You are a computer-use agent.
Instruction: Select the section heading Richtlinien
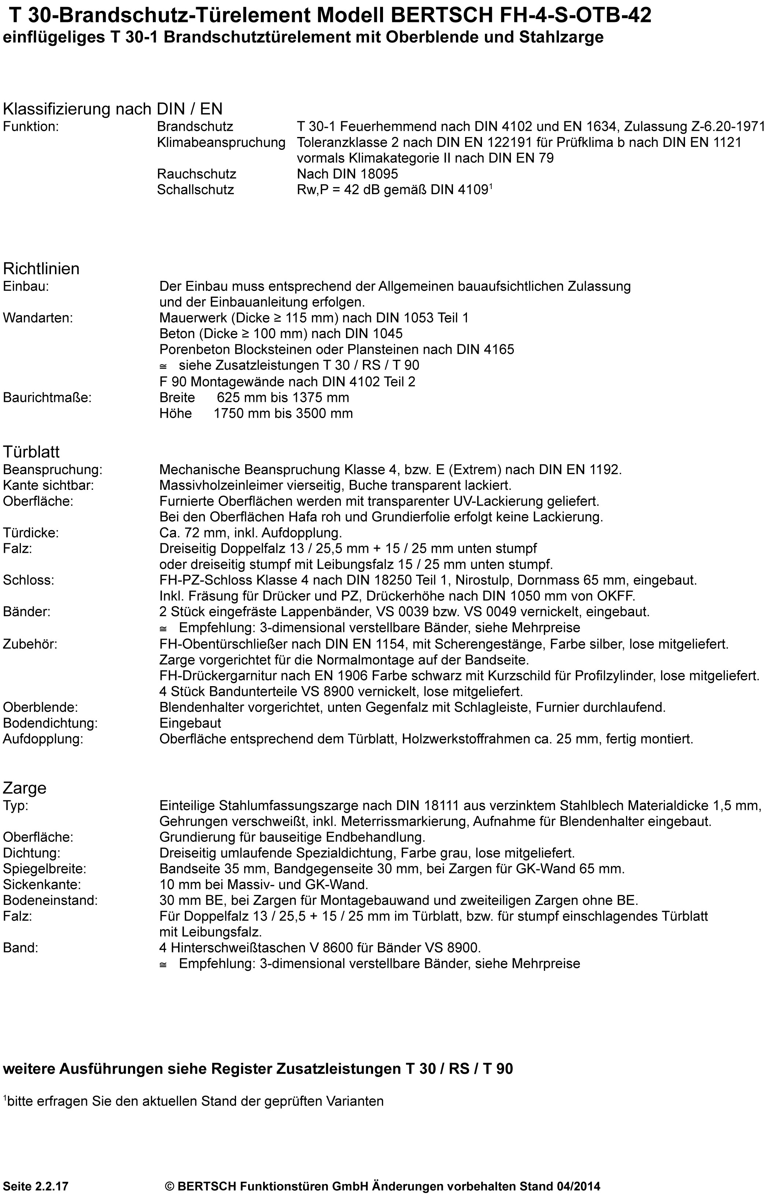tap(41, 269)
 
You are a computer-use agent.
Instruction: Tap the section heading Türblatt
tap(31, 452)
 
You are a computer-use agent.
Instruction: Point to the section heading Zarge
tap(25, 788)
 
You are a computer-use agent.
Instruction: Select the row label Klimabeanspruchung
tap(221, 143)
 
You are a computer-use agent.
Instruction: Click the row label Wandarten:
tap(38, 318)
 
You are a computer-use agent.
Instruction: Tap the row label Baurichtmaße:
tap(47, 398)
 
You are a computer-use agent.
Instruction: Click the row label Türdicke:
tap(30, 533)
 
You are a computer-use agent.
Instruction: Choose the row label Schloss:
tap(29, 580)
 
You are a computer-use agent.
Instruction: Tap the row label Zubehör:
tap(30, 644)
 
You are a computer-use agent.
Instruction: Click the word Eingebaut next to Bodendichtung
tap(190, 724)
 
